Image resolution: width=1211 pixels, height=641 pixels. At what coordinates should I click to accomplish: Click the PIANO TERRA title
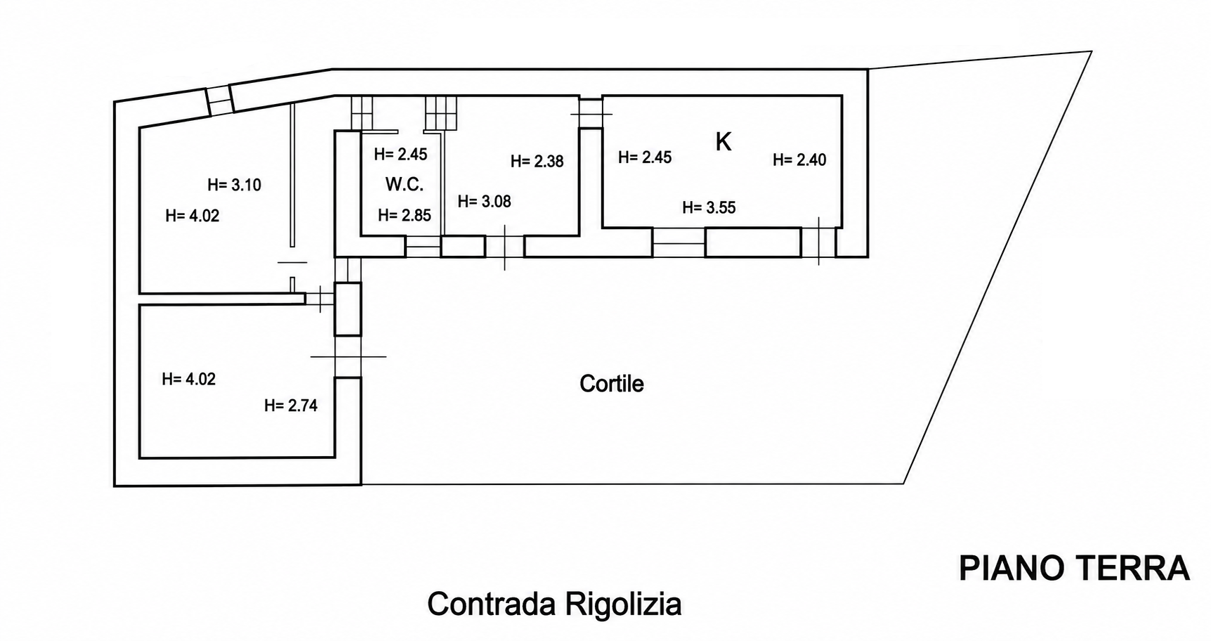coord(1074,568)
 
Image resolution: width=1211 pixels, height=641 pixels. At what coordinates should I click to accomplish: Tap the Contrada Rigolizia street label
coord(554,604)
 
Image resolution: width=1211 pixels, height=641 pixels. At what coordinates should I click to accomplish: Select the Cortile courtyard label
coord(611,384)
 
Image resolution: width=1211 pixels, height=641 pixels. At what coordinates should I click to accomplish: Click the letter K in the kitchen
coord(723,142)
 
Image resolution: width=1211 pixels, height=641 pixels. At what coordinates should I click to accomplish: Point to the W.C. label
coord(405,185)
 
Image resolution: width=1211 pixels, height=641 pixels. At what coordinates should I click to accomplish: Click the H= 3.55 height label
coord(709,207)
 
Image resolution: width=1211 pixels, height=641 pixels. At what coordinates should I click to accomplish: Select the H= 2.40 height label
coord(799,160)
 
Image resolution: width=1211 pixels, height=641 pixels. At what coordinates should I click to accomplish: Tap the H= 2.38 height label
coord(537,161)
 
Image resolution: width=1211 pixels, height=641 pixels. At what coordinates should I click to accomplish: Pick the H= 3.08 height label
coord(484,201)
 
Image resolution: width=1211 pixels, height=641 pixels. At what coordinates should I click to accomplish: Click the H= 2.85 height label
coord(405,215)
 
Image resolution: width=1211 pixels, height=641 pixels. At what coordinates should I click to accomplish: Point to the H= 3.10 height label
coord(234,185)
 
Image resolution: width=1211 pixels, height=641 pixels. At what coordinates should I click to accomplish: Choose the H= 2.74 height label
coord(291,406)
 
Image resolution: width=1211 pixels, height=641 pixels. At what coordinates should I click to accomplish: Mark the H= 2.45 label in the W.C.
coord(400,154)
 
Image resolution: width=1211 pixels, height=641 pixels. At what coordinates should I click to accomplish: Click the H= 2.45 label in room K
coord(645,157)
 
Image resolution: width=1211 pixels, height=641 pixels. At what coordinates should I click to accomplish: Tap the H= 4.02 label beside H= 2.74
coord(188,379)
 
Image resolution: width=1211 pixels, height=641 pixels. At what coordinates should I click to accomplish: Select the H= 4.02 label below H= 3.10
coord(192,216)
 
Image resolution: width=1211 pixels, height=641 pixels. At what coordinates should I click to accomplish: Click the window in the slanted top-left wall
coord(219,100)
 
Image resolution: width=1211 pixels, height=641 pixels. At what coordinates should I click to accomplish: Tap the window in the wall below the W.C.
coord(423,247)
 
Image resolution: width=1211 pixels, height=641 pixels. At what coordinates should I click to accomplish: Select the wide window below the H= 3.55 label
coord(679,242)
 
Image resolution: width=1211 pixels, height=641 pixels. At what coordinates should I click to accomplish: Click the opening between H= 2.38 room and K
coord(591,112)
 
